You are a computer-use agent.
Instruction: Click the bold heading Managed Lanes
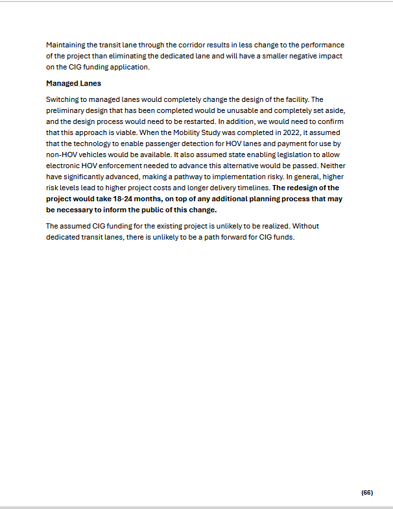pyautogui.click(x=73, y=84)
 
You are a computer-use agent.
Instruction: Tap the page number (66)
pyautogui.click(x=367, y=492)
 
